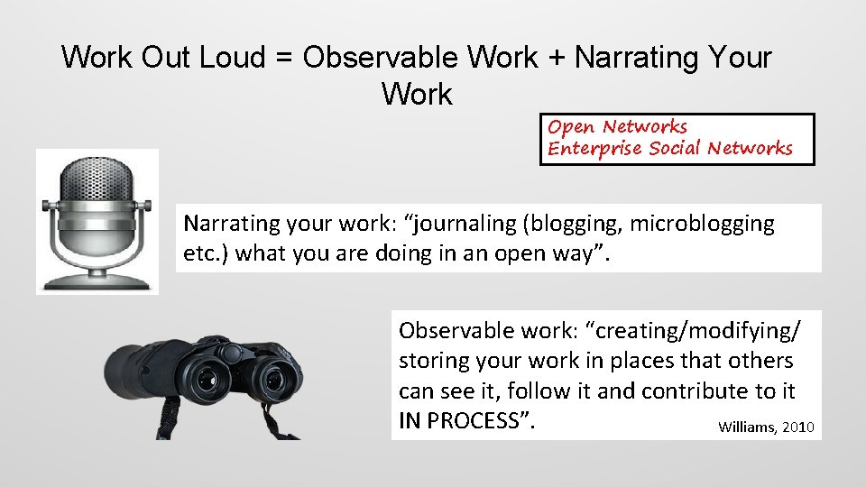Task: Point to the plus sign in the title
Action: click(557, 58)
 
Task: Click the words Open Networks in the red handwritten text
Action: click(617, 127)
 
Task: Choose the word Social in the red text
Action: click(676, 148)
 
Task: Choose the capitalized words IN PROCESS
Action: click(463, 420)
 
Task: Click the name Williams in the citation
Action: click(746, 427)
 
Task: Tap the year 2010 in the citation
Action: click(798, 427)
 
